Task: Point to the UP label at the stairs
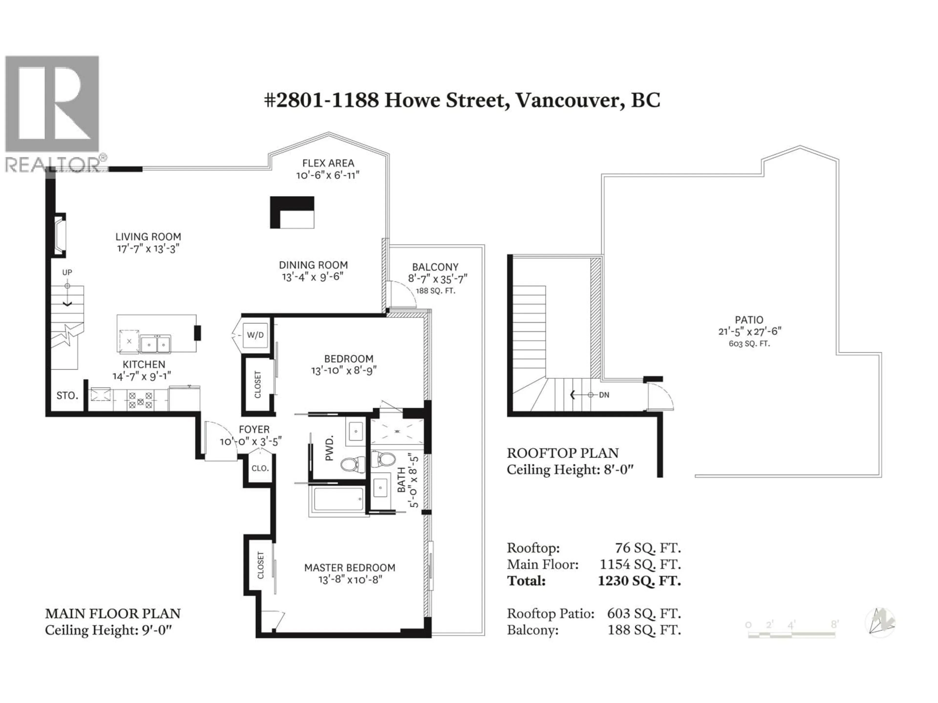[67, 272]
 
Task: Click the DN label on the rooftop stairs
[604, 395]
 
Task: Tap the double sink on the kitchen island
[156, 344]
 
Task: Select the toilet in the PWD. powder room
[353, 465]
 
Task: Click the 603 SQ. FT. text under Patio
[749, 344]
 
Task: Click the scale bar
[791, 634]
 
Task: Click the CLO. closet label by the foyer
[260, 468]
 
